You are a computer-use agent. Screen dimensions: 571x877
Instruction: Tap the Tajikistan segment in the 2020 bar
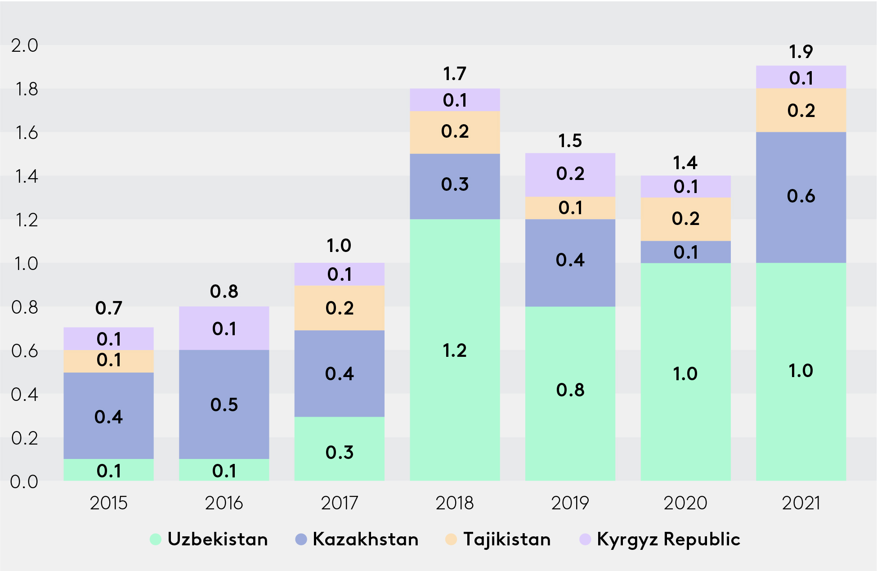[685, 219]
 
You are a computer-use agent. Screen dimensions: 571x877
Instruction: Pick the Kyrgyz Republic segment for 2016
[224, 328]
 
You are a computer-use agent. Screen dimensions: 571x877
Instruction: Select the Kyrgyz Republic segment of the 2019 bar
[570, 175]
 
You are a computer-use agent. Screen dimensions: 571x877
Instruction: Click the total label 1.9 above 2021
[801, 52]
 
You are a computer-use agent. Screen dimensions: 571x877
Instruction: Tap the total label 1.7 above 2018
[455, 74]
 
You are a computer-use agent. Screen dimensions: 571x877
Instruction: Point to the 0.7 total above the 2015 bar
[108, 308]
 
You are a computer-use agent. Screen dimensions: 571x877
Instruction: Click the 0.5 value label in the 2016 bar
[224, 405]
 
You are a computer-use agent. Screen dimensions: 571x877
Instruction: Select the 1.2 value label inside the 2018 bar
[455, 351]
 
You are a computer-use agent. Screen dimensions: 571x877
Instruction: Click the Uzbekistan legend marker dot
[156, 539]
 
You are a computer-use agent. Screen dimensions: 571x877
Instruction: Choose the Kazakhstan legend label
[365, 539]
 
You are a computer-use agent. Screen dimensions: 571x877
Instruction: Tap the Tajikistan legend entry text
[507, 539]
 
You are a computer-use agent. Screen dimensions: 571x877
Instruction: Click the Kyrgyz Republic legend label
[668, 539]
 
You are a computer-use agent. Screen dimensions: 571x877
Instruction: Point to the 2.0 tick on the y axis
[25, 45]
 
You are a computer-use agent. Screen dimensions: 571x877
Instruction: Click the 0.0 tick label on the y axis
[25, 482]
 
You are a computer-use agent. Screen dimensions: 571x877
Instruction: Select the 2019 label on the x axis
[570, 503]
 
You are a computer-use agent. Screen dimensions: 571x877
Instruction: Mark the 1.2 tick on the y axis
[27, 220]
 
